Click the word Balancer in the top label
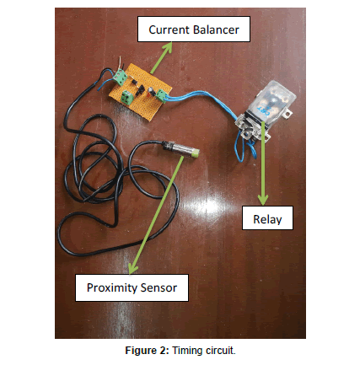click(x=216, y=30)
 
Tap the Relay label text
click(x=267, y=219)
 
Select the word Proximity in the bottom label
click(x=112, y=288)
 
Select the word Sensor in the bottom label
click(x=159, y=287)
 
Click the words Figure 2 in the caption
click(x=147, y=351)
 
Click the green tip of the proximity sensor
click(x=196, y=153)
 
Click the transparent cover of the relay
click(x=271, y=99)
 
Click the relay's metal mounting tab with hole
click(x=287, y=114)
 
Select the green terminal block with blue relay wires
click(x=161, y=94)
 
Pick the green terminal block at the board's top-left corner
click(x=121, y=77)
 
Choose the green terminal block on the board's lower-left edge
click(x=127, y=97)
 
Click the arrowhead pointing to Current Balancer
click(x=168, y=47)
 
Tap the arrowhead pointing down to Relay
click(x=263, y=200)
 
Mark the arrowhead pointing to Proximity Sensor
click(x=132, y=268)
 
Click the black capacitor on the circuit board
click(x=151, y=90)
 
